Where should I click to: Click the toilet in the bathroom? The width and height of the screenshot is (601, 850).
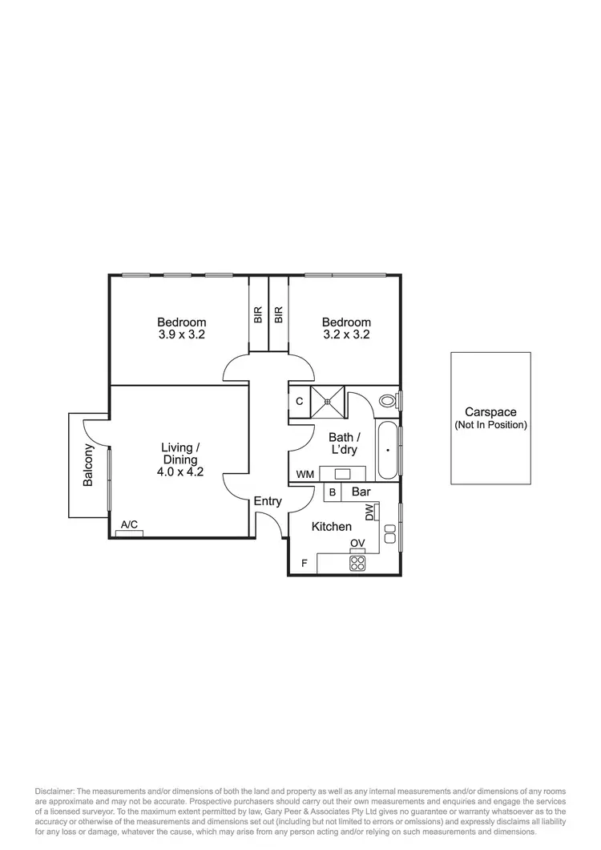click(x=389, y=399)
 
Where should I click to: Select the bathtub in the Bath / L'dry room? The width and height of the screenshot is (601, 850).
click(x=387, y=451)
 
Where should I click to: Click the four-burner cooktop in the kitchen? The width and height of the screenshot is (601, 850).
click(x=357, y=563)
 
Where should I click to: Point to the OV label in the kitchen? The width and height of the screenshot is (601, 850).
click(x=357, y=544)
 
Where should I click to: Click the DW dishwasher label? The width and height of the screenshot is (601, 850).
click(x=370, y=512)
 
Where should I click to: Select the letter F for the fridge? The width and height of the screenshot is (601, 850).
click(x=304, y=563)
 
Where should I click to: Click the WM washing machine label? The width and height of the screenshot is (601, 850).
click(x=305, y=475)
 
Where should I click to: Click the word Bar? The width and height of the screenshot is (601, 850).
click(x=361, y=492)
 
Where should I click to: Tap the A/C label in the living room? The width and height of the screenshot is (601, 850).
click(x=129, y=525)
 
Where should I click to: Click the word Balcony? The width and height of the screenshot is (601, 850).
click(x=88, y=465)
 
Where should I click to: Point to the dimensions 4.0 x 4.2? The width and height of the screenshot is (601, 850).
click(x=180, y=472)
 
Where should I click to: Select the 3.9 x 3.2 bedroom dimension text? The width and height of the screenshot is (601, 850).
click(x=182, y=335)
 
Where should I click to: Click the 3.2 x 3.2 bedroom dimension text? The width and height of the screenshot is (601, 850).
click(x=346, y=335)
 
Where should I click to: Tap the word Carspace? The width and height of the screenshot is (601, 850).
click(x=490, y=412)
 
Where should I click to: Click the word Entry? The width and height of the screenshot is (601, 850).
click(x=268, y=501)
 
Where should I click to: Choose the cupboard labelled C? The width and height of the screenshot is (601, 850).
click(x=299, y=400)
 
